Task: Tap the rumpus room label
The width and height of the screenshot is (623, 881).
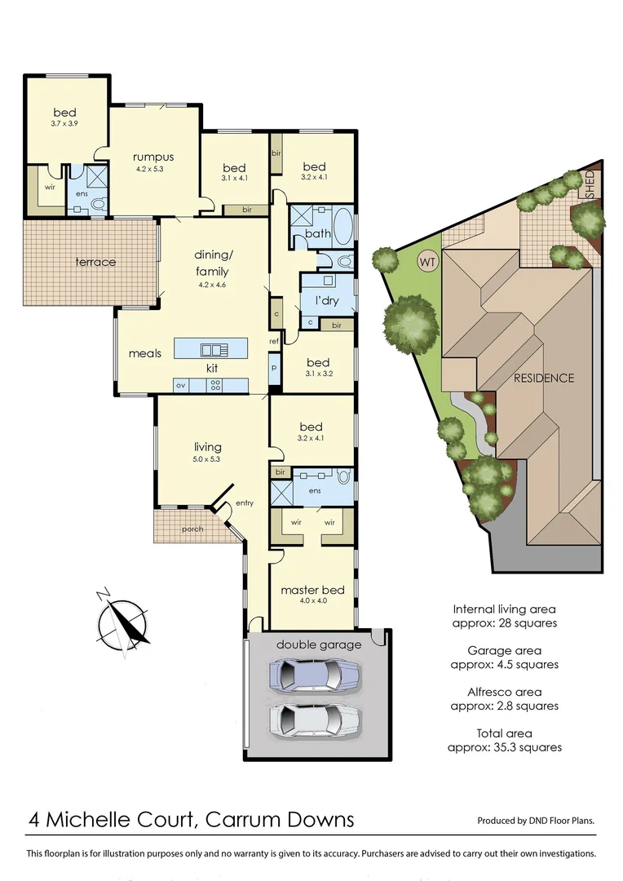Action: click(154, 157)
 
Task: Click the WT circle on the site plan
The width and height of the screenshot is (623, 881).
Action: click(426, 262)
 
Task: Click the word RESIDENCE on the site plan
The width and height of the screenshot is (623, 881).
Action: click(544, 378)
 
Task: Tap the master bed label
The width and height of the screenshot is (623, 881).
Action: click(312, 590)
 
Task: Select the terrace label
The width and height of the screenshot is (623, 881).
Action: click(96, 262)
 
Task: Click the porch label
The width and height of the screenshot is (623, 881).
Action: click(192, 529)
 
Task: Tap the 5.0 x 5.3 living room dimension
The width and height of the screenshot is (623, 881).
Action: click(207, 459)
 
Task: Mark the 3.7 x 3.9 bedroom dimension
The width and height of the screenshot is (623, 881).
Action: click(65, 125)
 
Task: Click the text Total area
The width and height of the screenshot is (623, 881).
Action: click(505, 733)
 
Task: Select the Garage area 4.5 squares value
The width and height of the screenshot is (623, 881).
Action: click(505, 664)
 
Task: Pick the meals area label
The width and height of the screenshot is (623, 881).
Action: click(145, 353)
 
